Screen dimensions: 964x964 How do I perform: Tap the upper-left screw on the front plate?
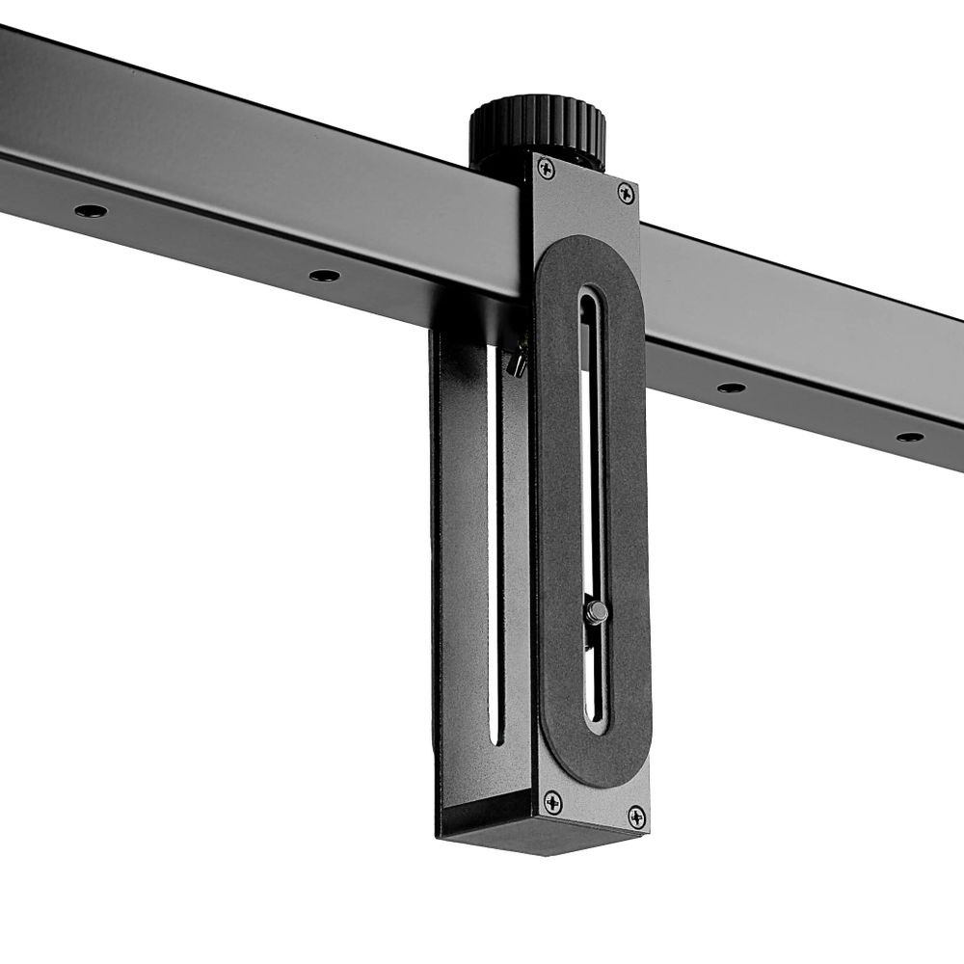(x=546, y=168)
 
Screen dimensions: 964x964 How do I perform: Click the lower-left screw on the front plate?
(x=552, y=800)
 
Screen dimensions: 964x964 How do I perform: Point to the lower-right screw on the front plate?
(x=636, y=817)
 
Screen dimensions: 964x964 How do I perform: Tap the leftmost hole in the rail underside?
(x=91, y=210)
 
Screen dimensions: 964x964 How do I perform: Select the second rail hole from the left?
(x=324, y=276)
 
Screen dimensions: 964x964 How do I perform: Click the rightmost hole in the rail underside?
(x=909, y=437)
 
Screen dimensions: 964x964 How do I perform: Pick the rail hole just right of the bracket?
(x=731, y=388)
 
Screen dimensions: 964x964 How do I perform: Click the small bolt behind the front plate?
(x=519, y=361)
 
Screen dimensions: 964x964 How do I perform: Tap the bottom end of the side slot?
(x=495, y=737)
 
